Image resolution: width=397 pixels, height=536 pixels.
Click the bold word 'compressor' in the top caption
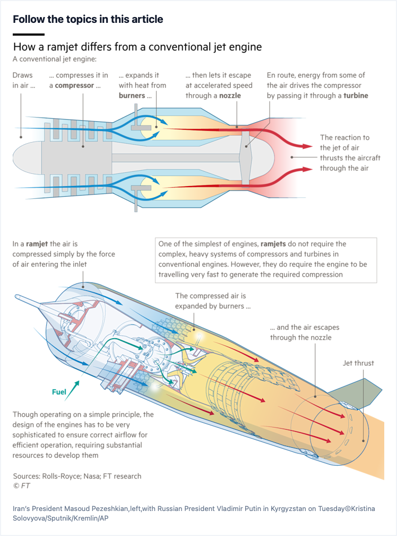pos(74,86)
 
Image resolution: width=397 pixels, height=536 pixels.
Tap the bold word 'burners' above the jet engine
pos(132,96)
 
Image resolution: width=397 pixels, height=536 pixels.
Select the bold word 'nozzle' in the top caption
pos(230,96)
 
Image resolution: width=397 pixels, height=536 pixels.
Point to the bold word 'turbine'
pos(356,96)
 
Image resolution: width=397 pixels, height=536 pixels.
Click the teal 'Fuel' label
pos(59,392)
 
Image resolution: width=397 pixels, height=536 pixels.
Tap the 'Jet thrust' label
pos(358,363)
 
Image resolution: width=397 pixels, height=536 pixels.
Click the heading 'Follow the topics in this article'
pos(88,19)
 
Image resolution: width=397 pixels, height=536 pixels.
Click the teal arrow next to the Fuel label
pos(72,390)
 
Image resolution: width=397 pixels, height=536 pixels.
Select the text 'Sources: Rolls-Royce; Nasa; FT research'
pos(77,476)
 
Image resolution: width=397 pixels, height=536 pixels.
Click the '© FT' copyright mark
pos(21,486)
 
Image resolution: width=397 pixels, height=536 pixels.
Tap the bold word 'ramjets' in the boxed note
pos(273,244)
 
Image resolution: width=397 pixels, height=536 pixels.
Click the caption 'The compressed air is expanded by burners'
pos(213,301)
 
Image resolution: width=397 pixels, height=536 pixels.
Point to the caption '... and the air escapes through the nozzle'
pos(305,332)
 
